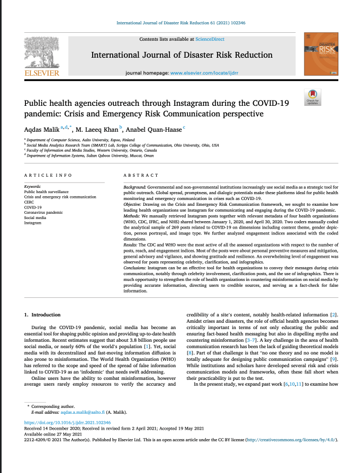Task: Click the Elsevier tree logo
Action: point(42,52)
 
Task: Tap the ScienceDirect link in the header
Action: point(209,39)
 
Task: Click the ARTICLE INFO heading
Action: point(48,175)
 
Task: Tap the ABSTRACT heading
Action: point(141,175)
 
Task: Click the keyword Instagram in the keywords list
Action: point(33,223)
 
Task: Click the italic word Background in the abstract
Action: point(134,188)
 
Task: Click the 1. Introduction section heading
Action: point(42,315)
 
